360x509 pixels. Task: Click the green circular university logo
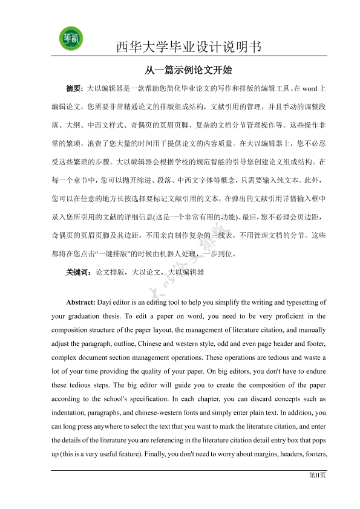[x=71, y=39]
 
